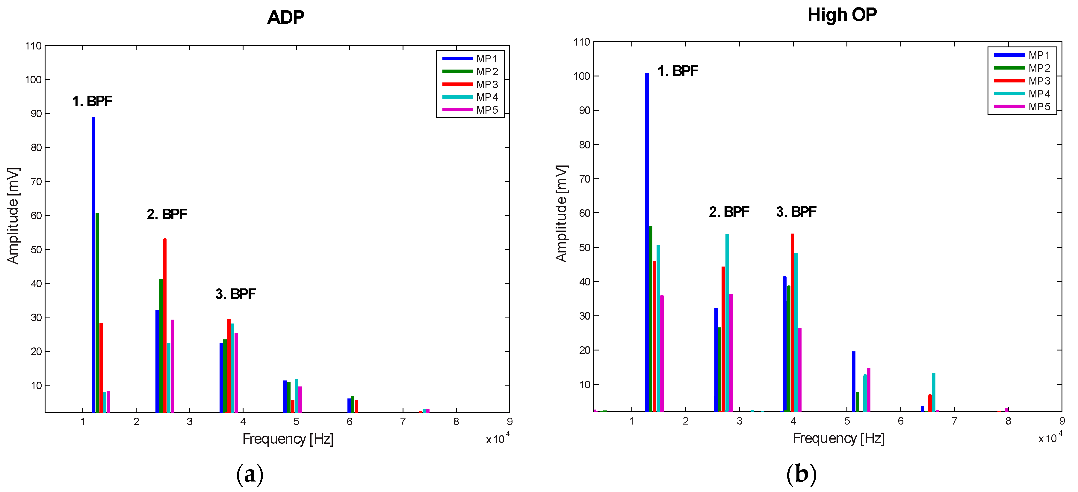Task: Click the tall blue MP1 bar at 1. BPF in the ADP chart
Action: (94, 264)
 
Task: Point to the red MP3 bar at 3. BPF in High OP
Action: (792, 322)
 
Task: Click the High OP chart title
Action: (842, 15)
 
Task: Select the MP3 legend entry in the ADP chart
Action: (487, 85)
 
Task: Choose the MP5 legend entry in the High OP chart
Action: (1039, 107)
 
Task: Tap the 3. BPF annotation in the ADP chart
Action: (235, 294)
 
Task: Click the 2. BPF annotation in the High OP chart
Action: (729, 212)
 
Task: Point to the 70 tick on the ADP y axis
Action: (36, 182)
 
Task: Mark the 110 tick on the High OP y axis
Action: (582, 42)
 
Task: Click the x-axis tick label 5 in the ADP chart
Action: (296, 422)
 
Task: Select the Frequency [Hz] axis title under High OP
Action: (838, 438)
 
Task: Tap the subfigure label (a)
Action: (250, 474)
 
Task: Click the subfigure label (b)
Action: (801, 474)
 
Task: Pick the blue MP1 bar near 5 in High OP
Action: (854, 381)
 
